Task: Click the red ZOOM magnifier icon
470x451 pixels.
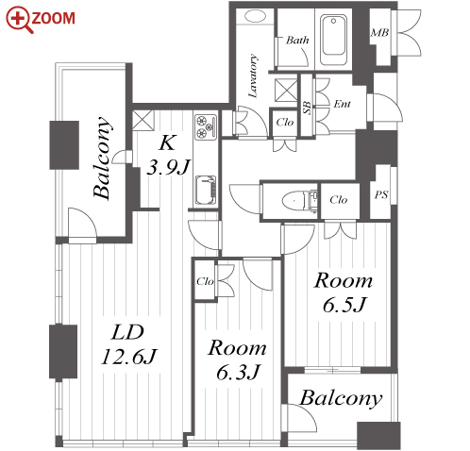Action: point(20,19)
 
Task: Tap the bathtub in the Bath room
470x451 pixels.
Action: point(333,40)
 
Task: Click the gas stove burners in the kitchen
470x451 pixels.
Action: point(206,127)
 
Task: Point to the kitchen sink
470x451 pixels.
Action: point(206,190)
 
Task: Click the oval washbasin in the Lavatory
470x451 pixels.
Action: point(255,16)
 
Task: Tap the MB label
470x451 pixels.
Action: point(379,32)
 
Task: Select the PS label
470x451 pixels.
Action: point(381,195)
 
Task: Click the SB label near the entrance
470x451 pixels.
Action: point(308,108)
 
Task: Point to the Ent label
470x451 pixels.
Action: point(342,104)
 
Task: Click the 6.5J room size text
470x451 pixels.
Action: point(344,305)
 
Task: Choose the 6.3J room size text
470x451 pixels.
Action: point(238,372)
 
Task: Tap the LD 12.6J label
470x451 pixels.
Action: point(128,344)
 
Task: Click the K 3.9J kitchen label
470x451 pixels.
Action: point(168,155)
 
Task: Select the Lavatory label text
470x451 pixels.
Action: point(253,75)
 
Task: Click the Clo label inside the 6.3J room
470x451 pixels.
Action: point(205,281)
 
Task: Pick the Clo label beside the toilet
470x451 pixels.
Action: point(339,199)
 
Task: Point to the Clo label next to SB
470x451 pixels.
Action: point(285,122)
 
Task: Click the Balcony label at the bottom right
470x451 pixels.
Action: point(341,398)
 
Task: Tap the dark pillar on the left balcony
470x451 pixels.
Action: point(64,145)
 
